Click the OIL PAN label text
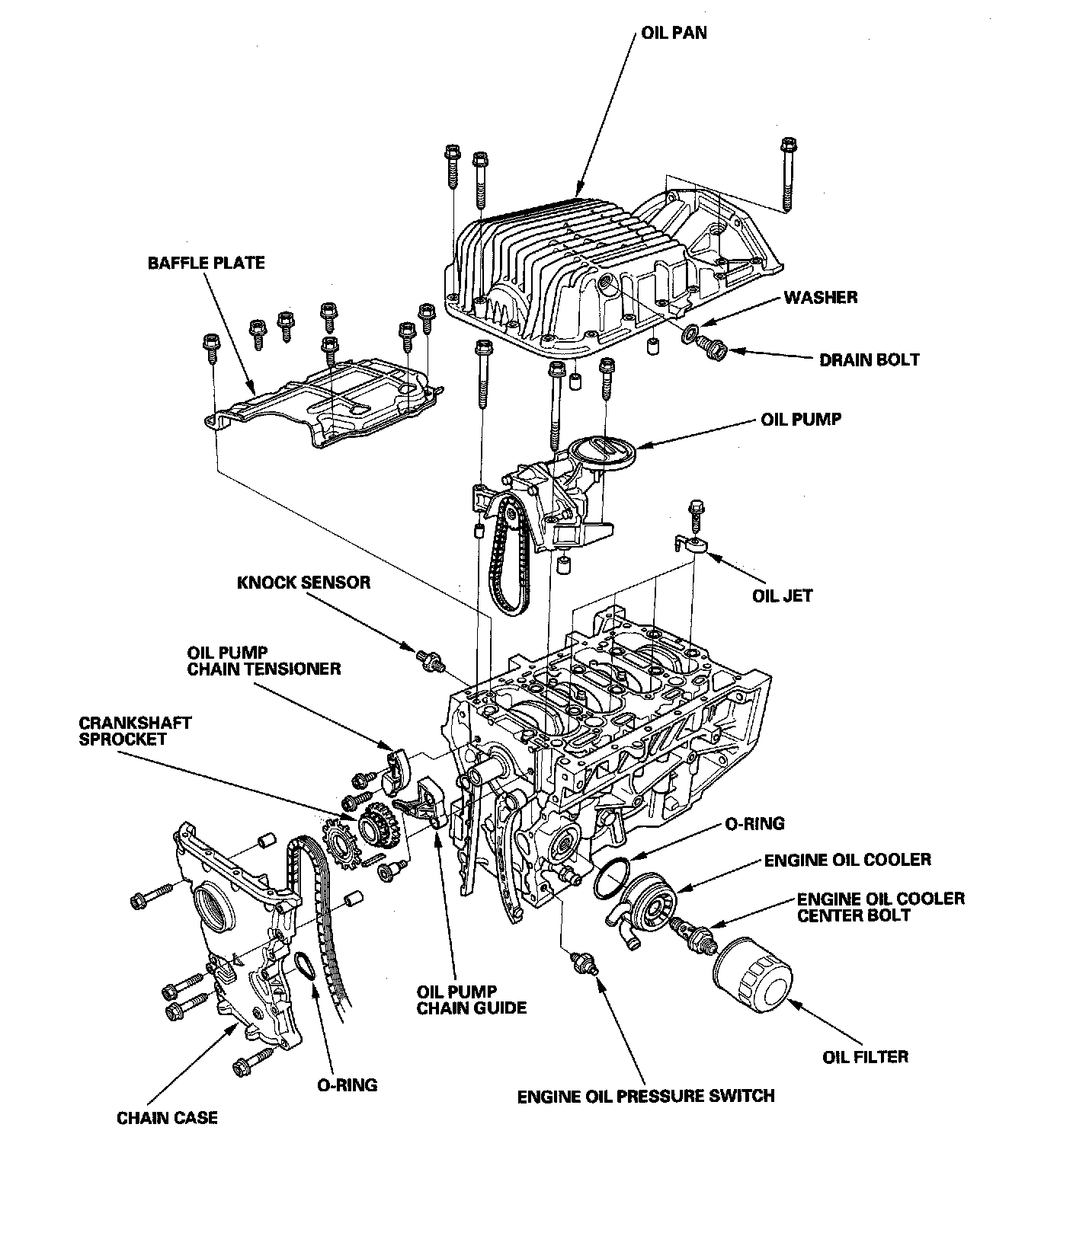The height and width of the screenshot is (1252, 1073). coord(674,34)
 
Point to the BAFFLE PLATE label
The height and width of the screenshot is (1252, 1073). coord(206,263)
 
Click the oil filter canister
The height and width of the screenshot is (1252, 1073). coord(753,979)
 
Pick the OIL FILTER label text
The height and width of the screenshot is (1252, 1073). coord(865,1057)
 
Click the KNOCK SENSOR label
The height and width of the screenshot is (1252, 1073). coord(304,583)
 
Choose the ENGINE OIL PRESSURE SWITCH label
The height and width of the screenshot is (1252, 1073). coord(645,1097)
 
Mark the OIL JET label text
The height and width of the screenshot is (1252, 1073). coord(783,596)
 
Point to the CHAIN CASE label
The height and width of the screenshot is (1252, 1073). coord(167,1118)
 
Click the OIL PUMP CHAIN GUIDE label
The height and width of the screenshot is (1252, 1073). coord(472,1000)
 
